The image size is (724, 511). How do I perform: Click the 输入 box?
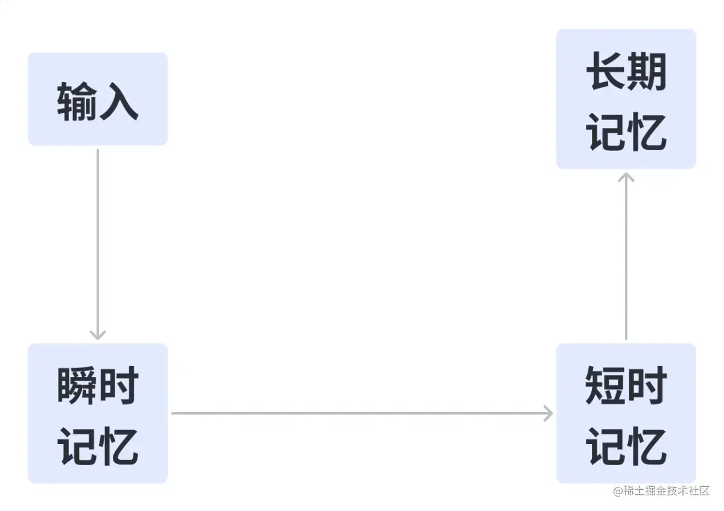98,99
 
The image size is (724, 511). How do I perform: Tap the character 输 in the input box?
77,101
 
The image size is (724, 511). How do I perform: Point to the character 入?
119,101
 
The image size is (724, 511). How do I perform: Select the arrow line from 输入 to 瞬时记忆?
98,241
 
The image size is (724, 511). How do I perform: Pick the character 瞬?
77,386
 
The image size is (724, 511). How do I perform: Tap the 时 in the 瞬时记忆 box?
119,386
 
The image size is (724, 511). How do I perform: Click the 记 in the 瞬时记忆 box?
77,446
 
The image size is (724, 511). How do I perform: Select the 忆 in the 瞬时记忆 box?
119,446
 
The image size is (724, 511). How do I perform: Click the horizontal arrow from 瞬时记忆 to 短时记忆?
362,413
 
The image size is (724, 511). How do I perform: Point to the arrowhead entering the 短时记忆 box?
547,413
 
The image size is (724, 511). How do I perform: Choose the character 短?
605,386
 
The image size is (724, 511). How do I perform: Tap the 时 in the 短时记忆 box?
647,386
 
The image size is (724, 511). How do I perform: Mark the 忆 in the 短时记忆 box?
647,446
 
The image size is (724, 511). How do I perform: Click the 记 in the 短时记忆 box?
605,446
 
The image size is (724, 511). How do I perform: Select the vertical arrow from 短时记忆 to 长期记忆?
626,259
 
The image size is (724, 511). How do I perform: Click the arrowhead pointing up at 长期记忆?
626,176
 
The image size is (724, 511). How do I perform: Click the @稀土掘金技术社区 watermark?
661,490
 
